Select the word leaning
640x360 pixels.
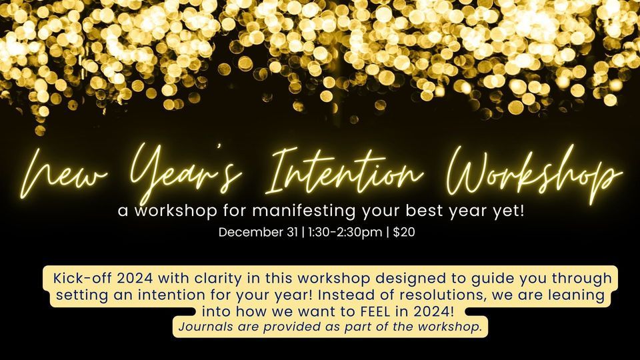tap(573, 294)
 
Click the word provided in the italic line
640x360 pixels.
tap(301, 327)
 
